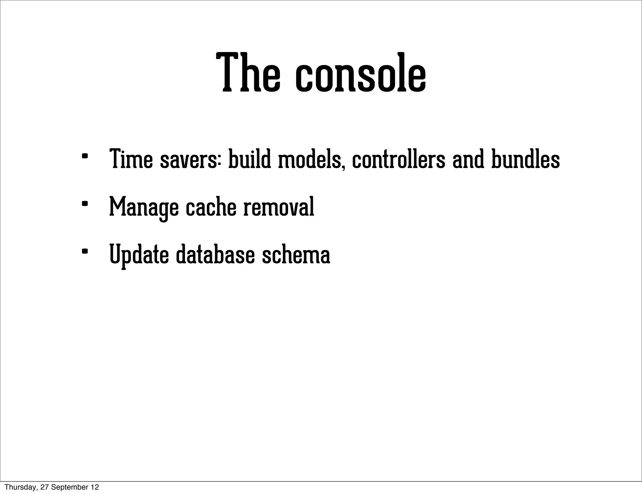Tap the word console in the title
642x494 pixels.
[x=360, y=75]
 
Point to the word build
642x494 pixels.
[x=250, y=159]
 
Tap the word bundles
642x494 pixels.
[x=525, y=159]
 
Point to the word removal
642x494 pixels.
[x=279, y=207]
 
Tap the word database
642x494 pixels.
[x=215, y=255]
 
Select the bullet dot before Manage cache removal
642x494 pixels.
[x=84, y=204]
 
